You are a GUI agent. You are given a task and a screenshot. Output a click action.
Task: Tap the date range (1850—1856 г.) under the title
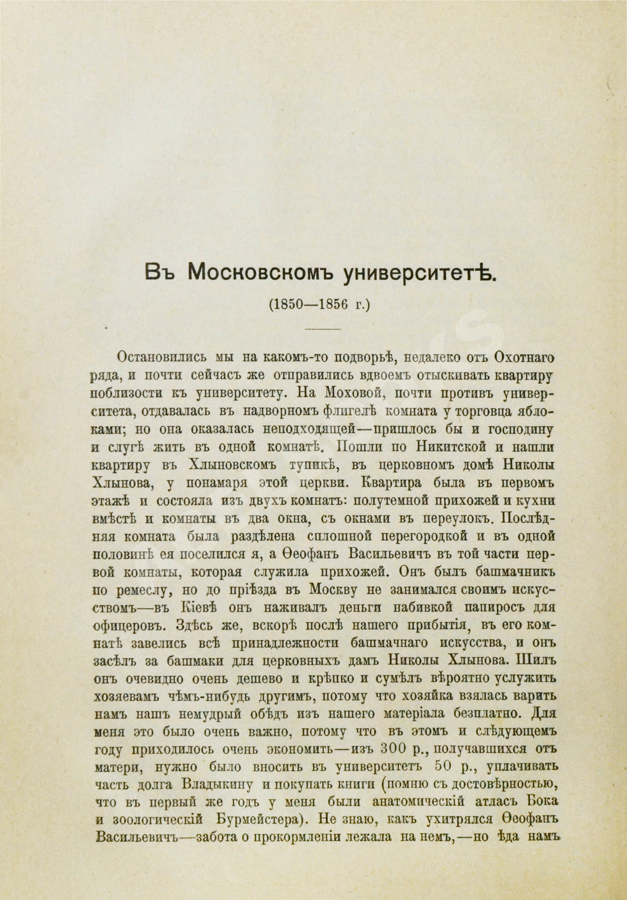click(313, 305)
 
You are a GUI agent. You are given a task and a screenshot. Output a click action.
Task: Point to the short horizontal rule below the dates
click(323, 329)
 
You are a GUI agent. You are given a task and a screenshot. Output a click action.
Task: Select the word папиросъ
click(493, 608)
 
